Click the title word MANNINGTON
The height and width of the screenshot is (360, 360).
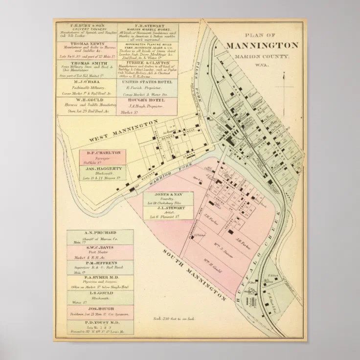click(x=262, y=45)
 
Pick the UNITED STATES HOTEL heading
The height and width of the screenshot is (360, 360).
click(x=147, y=81)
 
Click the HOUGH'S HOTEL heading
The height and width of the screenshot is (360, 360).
click(x=147, y=100)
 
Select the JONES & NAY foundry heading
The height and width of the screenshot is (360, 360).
click(x=168, y=195)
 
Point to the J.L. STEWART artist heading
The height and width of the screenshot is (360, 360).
click(x=168, y=208)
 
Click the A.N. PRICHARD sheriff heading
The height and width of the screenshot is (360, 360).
click(x=100, y=233)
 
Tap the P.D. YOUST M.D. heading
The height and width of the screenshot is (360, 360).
click(x=100, y=324)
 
